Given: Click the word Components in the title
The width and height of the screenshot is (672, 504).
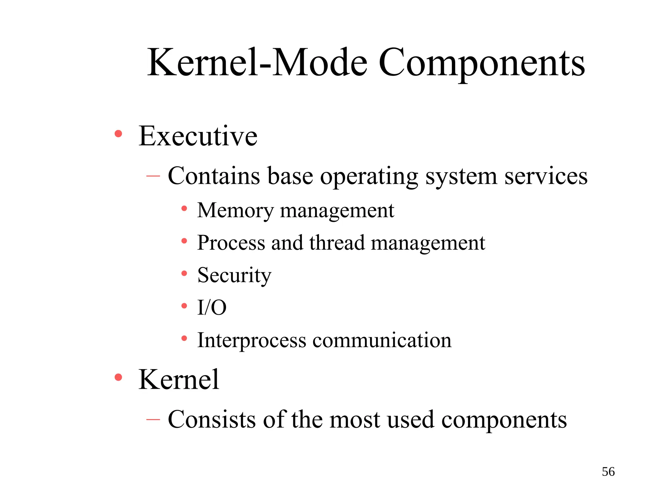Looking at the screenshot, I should click(x=481, y=63).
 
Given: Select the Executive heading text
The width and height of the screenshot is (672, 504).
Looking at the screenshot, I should click(x=198, y=136).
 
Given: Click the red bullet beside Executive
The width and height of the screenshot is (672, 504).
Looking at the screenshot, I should click(x=118, y=134).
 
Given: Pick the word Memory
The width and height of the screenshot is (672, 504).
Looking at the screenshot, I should click(x=235, y=211).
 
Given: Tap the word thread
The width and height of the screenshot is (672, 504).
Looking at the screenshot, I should click(x=337, y=243).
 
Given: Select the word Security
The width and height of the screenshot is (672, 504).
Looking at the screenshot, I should click(x=234, y=276).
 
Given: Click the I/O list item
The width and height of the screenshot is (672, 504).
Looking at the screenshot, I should click(x=212, y=308).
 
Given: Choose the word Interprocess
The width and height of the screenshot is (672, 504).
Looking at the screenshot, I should click(x=252, y=341).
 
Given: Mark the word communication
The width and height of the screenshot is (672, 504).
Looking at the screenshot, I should click(x=382, y=341).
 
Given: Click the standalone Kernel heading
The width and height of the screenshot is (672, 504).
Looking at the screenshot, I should click(x=178, y=380).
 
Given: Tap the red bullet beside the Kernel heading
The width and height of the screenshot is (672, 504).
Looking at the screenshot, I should click(x=118, y=377).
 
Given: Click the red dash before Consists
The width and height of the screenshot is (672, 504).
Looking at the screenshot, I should click(x=153, y=419).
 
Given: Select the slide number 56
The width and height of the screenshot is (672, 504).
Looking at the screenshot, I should click(x=608, y=472).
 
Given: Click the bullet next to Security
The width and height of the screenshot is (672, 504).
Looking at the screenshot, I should click(x=184, y=273).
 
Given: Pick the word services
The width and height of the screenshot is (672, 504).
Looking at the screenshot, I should click(x=546, y=177).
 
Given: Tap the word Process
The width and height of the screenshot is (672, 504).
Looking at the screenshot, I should click(x=231, y=243).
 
